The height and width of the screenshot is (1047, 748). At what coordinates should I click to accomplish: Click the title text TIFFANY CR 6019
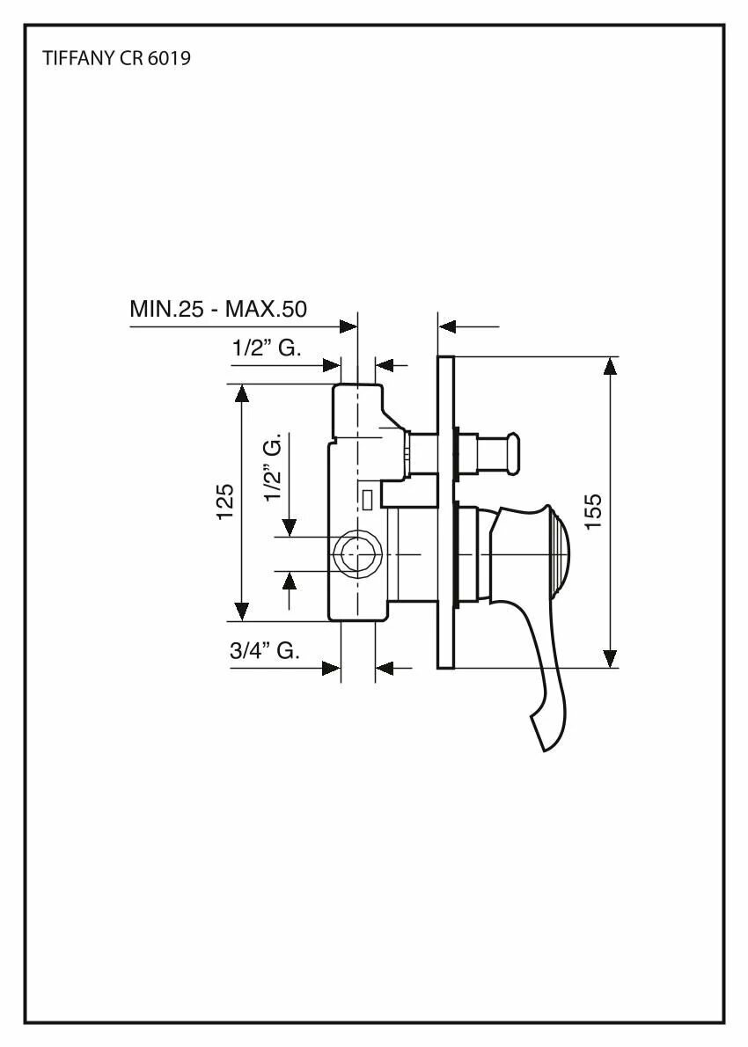[117, 60]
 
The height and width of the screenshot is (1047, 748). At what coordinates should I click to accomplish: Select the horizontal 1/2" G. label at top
[266, 348]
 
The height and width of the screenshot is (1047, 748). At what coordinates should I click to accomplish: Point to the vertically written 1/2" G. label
[274, 467]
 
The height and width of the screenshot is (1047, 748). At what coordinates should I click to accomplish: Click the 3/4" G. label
[264, 651]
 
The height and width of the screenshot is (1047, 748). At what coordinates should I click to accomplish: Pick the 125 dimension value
[225, 502]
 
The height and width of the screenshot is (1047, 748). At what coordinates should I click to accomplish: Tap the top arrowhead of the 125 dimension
[240, 392]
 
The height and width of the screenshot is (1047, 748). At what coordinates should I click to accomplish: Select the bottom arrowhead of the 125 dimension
[240, 611]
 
